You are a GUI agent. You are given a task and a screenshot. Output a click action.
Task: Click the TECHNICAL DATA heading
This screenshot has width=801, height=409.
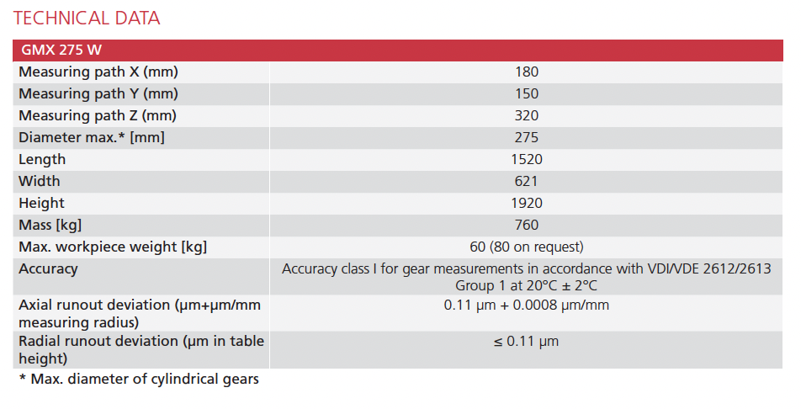(x=87, y=18)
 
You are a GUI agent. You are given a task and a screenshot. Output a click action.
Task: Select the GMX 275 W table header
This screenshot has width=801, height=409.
(x=61, y=50)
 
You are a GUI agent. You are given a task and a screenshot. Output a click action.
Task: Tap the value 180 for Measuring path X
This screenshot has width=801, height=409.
(x=527, y=72)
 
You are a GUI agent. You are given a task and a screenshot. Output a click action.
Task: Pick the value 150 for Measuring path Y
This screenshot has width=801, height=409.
(x=527, y=94)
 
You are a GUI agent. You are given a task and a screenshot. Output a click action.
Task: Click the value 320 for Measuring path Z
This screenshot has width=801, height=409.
(x=527, y=116)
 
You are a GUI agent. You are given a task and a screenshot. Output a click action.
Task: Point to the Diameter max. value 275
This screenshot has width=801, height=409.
(x=527, y=138)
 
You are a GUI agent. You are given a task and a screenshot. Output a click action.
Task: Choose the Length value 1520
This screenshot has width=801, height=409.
(x=527, y=160)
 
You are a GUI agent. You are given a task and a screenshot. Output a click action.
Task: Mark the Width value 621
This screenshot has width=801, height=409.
(x=527, y=182)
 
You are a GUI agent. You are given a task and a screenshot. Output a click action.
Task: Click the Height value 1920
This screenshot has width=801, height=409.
(x=527, y=204)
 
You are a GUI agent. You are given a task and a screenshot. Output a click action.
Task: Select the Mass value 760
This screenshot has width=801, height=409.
(x=527, y=226)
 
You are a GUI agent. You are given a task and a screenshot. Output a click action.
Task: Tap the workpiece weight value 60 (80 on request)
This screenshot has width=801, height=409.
(x=527, y=247)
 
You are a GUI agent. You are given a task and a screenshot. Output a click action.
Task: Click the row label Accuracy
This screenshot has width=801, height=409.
(x=48, y=269)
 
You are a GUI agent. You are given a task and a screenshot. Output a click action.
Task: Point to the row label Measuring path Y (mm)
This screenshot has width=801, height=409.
(x=98, y=94)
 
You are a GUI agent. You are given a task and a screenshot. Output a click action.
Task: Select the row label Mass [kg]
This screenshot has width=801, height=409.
(x=50, y=226)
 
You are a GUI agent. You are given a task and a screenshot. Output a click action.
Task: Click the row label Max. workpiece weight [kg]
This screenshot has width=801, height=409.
(x=113, y=247)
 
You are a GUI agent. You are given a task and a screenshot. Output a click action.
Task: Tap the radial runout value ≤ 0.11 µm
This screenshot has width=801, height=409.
(x=527, y=342)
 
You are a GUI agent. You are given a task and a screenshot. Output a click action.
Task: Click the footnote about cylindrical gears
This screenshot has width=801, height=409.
(x=139, y=380)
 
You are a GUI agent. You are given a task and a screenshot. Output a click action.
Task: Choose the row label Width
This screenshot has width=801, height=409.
(x=40, y=182)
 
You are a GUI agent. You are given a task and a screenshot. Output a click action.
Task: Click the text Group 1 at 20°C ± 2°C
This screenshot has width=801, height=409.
(x=527, y=285)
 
